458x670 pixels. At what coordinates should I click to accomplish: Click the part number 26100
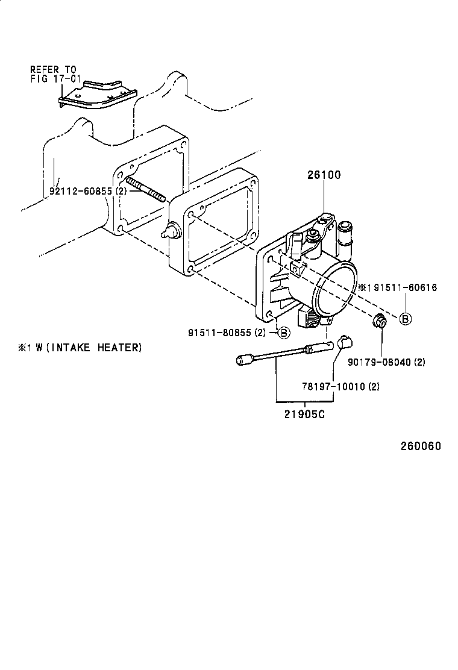pos(324,175)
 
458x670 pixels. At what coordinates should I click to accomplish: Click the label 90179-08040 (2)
pos(386,362)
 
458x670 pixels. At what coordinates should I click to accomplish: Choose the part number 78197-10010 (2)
pos(340,386)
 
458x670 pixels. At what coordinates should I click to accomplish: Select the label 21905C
pos(306,414)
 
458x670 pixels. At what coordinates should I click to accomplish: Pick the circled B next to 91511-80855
pos(283,332)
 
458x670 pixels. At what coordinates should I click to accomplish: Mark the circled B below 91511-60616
pos(406,319)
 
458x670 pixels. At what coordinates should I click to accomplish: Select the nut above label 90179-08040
pos(379,321)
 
